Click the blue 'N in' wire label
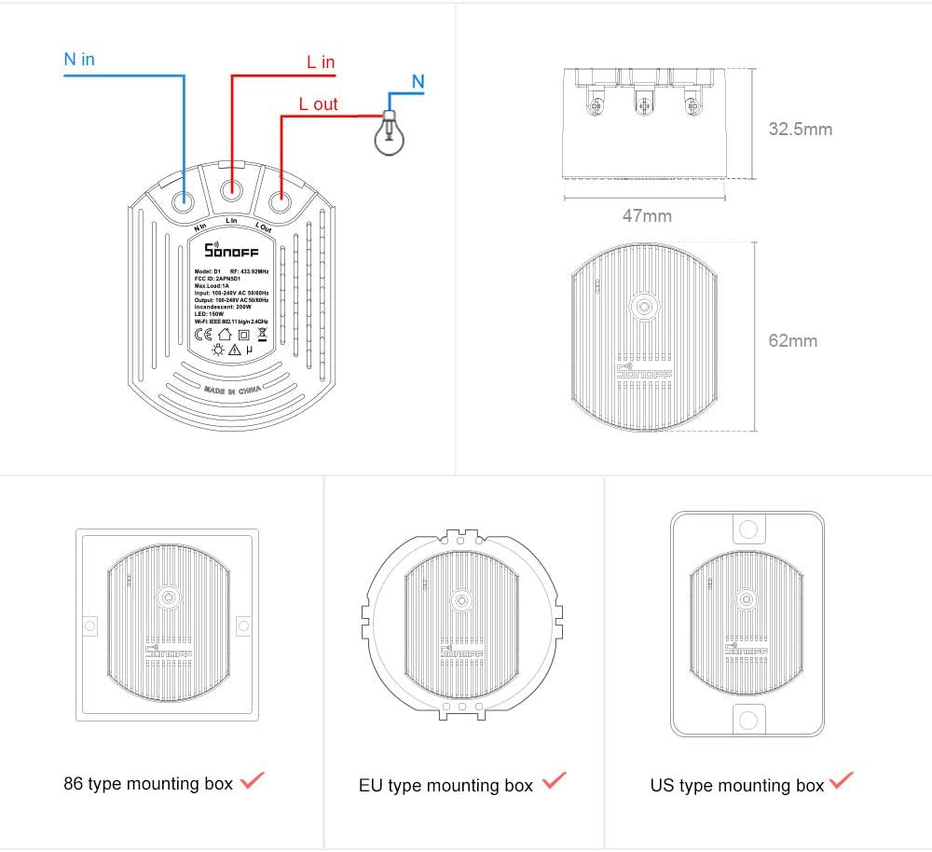pyautogui.click(x=79, y=60)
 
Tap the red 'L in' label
pyautogui.click(x=321, y=62)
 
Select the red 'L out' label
pyautogui.click(x=318, y=104)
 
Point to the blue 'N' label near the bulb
pyautogui.click(x=418, y=82)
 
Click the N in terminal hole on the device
pyautogui.click(x=183, y=198)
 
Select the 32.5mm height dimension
pyautogui.click(x=800, y=130)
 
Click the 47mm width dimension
pyautogui.click(x=647, y=216)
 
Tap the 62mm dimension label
pyautogui.click(x=792, y=341)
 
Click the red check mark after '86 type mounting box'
pyautogui.click(x=252, y=781)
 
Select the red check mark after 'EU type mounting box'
pyautogui.click(x=554, y=781)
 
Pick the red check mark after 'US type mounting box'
pyautogui.click(x=841, y=781)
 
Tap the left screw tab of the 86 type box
pyautogui.click(x=90, y=625)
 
